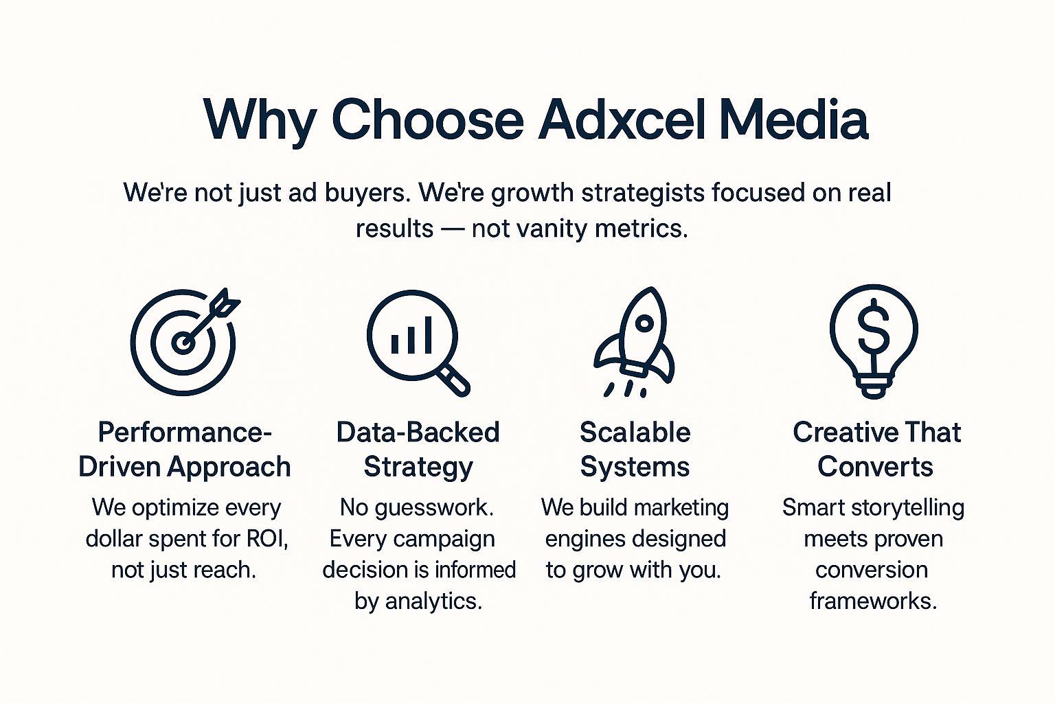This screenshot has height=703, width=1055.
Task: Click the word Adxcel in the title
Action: pyautogui.click(x=621, y=119)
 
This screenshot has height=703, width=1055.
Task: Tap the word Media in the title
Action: pyautogui.click(x=793, y=119)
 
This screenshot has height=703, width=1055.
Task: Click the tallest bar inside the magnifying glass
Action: pyautogui.click(x=428, y=335)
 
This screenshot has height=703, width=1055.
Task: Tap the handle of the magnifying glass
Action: pyautogui.click(x=453, y=380)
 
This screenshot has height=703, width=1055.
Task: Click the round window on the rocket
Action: pyautogui.click(x=644, y=323)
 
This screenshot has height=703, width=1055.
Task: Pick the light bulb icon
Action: pyautogui.click(x=874, y=341)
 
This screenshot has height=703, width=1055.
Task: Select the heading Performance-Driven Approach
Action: pyautogui.click(x=185, y=449)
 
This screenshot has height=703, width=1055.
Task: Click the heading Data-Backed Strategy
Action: pyautogui.click(x=418, y=449)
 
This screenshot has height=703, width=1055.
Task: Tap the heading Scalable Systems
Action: pyautogui.click(x=635, y=449)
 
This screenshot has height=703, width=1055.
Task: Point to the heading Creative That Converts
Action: pyautogui.click(x=876, y=449)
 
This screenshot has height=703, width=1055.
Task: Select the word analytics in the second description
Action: pyautogui.click(x=434, y=601)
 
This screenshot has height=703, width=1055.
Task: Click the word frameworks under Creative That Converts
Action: pyautogui.click(x=873, y=601)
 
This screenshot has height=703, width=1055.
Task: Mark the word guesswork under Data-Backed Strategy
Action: pyautogui.click(x=434, y=508)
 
